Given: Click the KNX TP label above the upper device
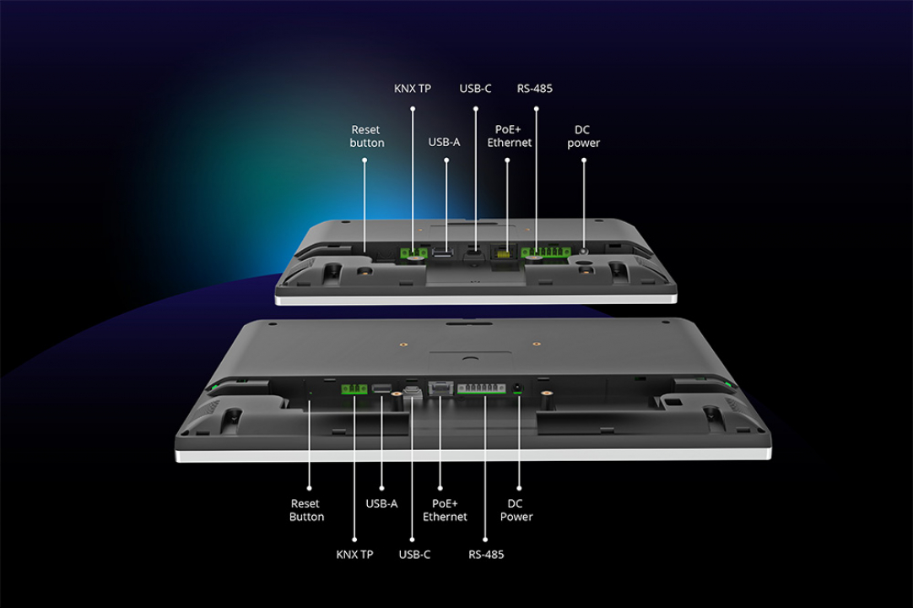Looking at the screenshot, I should (x=413, y=89).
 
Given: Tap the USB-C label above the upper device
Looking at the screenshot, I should (x=475, y=89).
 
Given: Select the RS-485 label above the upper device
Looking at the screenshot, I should (x=535, y=89).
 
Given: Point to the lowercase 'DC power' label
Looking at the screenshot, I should (x=583, y=137).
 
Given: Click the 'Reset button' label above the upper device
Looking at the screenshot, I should (x=366, y=137).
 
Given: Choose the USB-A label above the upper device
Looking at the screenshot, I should (x=445, y=142).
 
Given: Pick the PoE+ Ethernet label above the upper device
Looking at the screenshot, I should (x=509, y=137).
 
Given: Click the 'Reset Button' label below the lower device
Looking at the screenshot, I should (x=307, y=510).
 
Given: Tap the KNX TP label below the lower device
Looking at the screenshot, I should (x=354, y=555).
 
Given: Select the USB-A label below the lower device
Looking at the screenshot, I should (x=381, y=503).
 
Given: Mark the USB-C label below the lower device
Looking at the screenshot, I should (x=414, y=555).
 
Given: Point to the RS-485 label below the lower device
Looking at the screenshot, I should (x=486, y=555).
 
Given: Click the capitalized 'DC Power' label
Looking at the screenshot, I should (x=516, y=510).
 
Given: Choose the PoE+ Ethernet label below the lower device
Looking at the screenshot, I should (x=445, y=510).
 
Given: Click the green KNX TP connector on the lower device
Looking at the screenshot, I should (x=354, y=389).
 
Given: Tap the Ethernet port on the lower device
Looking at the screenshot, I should (x=440, y=388).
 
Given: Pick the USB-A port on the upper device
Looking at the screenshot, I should (x=442, y=251).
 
